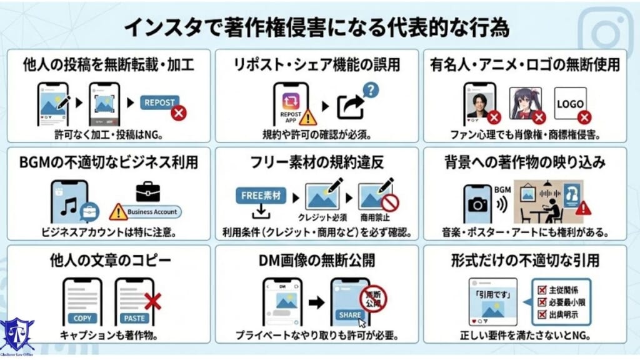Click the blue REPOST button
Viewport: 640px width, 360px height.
(159, 102)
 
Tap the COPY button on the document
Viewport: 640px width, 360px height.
(82, 318)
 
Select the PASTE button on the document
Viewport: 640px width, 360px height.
(134, 318)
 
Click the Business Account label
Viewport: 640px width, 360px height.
(152, 212)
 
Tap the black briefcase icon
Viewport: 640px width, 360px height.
(147, 191)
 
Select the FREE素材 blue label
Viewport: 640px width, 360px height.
(259, 195)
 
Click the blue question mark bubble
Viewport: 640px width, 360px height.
(371, 91)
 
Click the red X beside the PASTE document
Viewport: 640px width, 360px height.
(152, 302)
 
